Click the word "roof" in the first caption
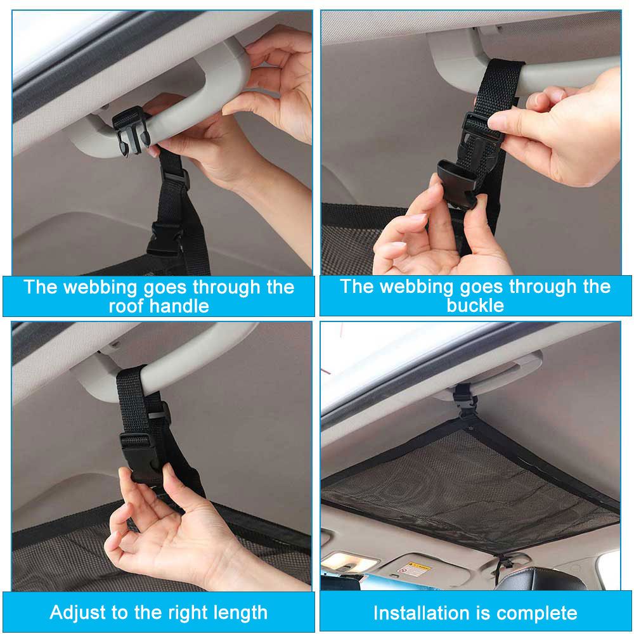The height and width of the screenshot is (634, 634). (126, 306)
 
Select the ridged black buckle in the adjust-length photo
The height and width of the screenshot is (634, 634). (135, 447)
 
